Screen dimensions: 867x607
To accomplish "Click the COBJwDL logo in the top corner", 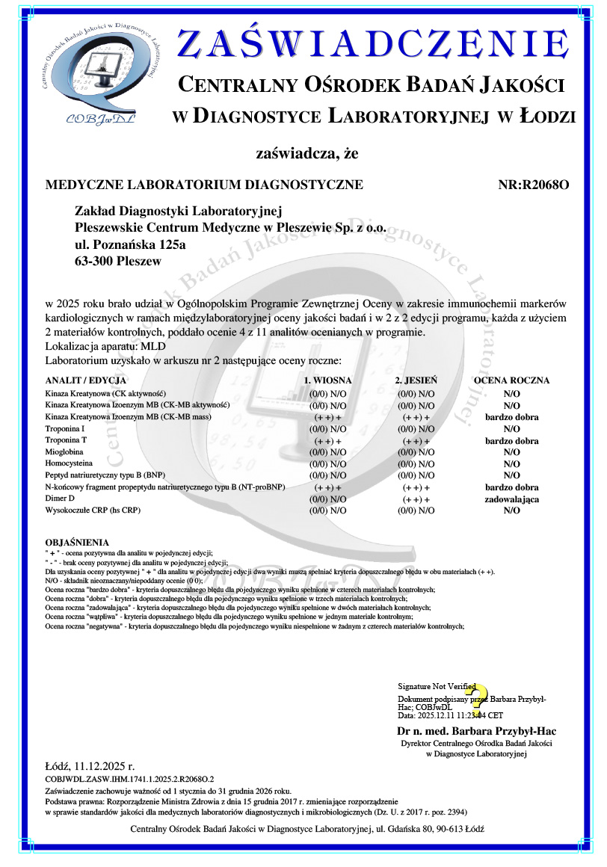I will coord(102,73).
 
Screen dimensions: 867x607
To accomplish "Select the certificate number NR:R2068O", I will coord(533,185).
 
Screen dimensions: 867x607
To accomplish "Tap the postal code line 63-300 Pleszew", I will coord(118,262).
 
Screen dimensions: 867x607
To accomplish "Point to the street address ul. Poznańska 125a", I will coord(131,244).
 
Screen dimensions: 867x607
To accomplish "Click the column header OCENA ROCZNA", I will coord(511,380).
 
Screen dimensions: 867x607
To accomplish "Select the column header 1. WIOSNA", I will coord(327,380).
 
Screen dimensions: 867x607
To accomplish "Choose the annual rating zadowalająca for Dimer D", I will coord(512,499).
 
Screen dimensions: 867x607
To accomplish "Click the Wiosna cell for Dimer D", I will coord(327,499).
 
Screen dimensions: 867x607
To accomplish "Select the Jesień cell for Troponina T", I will coord(416,441).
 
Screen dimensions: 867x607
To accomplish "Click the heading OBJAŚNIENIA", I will coord(77,542).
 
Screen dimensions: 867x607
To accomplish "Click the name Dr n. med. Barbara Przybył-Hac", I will coord(476,731).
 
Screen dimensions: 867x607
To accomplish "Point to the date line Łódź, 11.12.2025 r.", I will coord(90,766).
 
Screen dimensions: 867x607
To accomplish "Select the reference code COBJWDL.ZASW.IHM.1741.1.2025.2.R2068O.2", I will coord(130,779).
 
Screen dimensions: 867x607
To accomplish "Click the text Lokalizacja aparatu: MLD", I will coord(105,347).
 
